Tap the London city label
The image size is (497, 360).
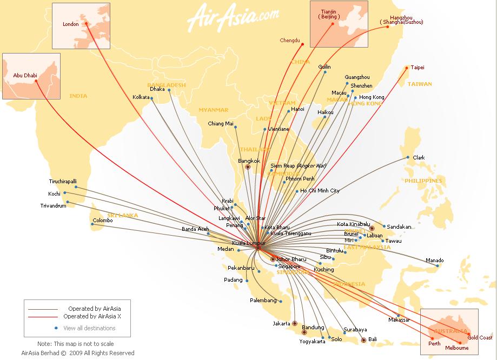point(71,24)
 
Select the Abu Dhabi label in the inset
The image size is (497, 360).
point(24,76)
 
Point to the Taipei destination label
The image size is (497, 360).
point(418,68)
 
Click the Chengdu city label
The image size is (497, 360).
point(289,41)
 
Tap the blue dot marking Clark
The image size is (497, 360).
point(408,158)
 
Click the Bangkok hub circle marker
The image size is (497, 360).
point(248,167)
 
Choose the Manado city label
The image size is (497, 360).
point(434,260)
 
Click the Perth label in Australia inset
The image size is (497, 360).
point(434,343)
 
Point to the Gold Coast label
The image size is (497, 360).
point(480,338)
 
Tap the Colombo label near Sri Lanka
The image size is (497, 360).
point(102,221)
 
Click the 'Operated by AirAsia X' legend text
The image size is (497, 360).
point(92,316)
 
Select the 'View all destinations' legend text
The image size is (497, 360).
point(89,328)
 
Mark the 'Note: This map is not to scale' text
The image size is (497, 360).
point(75,344)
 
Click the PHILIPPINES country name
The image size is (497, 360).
point(423,181)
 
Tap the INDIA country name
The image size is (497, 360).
point(78,96)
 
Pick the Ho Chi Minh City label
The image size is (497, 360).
point(320,191)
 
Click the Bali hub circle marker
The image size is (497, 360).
point(363,340)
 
